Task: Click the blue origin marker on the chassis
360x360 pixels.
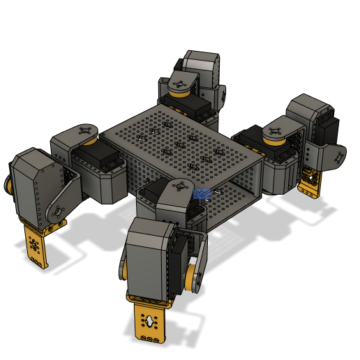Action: pos(202,193)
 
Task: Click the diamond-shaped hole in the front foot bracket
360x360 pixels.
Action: pos(149,320)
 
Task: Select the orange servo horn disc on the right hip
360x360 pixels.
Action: pos(274,134)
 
